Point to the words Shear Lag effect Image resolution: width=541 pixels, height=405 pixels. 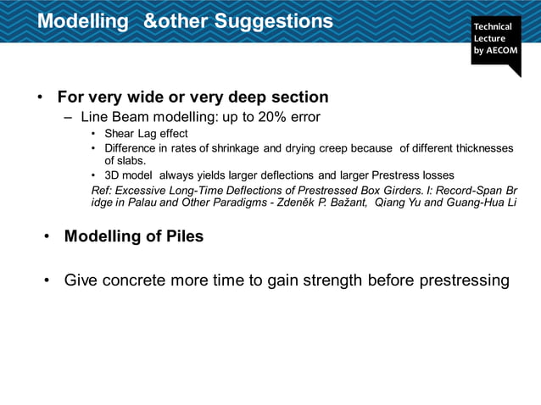tap(146, 134)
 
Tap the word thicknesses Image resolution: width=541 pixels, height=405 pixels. tap(479, 148)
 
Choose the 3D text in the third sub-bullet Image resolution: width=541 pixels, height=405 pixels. tap(113, 175)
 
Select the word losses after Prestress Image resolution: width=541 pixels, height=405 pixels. tap(436, 175)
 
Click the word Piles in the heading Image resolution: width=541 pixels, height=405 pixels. tap(184, 236)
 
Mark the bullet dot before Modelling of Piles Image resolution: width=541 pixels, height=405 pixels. tap(47, 236)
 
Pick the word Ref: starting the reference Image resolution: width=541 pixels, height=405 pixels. tap(102, 189)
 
